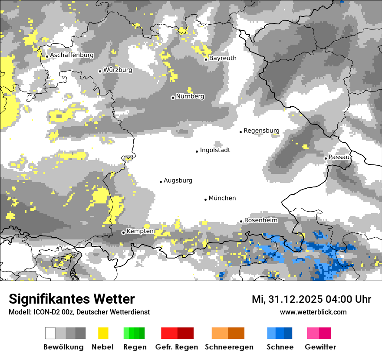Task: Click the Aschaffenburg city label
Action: [x=72, y=55]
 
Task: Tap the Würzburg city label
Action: [x=118, y=70]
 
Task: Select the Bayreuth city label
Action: [x=223, y=58]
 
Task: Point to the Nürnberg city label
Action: [x=190, y=96]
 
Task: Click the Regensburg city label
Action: [x=261, y=131]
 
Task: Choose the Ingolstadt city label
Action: [x=215, y=150]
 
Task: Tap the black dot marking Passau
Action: [x=326, y=158]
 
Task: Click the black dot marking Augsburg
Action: [x=161, y=182]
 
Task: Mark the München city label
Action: [x=222, y=198]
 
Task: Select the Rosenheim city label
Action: [x=260, y=220]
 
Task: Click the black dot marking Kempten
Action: [x=123, y=232]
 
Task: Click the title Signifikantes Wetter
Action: [x=72, y=299]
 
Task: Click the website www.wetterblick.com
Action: [x=313, y=312]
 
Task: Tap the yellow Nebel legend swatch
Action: [x=103, y=333]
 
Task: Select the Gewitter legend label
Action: [x=320, y=347]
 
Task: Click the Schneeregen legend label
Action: [x=229, y=347]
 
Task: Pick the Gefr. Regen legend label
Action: [x=177, y=347]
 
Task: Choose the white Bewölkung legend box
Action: [x=50, y=333]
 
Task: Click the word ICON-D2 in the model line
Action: [x=44, y=312]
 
